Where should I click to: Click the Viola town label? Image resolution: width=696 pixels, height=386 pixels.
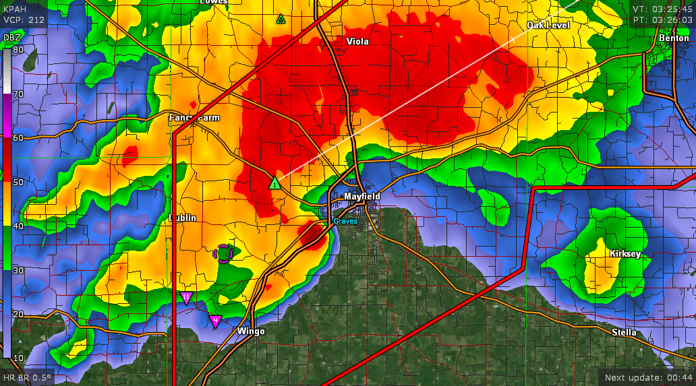[357, 42]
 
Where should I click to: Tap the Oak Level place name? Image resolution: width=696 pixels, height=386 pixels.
[548, 26]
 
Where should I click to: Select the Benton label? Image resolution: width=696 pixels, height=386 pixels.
[674, 38]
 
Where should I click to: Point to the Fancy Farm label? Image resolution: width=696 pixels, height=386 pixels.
[194, 118]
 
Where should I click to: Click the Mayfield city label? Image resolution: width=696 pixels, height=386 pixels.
[362, 197]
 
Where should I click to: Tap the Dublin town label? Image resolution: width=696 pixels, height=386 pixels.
[182, 218]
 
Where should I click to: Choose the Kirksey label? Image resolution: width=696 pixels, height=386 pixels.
[625, 254]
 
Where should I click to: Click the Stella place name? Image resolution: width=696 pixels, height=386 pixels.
[624, 333]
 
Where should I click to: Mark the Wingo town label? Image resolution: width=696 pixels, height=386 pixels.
[251, 331]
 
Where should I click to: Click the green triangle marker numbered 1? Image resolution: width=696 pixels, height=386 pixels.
[274, 183]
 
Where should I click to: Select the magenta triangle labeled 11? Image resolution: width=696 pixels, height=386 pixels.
[187, 298]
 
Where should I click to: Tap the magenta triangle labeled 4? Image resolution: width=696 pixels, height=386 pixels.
[215, 321]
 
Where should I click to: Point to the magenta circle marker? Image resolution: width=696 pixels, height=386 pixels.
[224, 253]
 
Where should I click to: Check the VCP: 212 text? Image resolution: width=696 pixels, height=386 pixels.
[24, 20]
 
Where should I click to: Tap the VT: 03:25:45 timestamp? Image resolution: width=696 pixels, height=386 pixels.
[662, 9]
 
